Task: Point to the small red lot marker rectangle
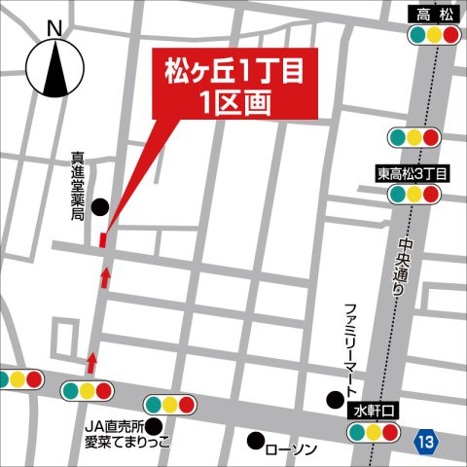point(104,239)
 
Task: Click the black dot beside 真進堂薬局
point(100,206)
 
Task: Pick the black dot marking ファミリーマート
point(335,397)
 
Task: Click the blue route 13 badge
point(424,441)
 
